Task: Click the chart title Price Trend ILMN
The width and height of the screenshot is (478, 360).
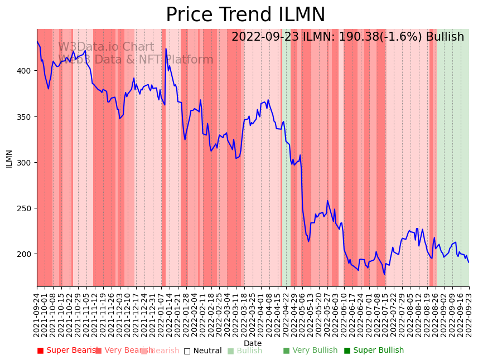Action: click(x=245, y=15)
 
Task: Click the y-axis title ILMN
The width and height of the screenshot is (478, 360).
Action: click(x=9, y=158)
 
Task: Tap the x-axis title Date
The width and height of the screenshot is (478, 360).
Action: click(x=252, y=343)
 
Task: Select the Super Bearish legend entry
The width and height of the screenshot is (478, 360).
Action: click(x=68, y=351)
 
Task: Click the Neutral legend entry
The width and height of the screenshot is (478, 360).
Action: click(x=203, y=351)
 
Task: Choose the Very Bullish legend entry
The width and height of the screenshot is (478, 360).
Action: click(x=310, y=351)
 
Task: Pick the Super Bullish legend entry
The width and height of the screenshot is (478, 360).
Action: click(x=374, y=351)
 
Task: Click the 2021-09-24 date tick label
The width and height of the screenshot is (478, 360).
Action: click(x=37, y=314)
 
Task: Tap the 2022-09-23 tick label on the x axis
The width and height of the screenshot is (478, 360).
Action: click(x=469, y=314)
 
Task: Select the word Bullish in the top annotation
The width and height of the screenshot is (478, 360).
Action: click(x=445, y=37)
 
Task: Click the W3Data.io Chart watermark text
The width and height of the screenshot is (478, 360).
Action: click(x=106, y=47)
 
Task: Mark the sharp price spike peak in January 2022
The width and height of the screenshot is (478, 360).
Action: click(x=166, y=48)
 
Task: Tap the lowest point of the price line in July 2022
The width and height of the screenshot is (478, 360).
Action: click(x=384, y=274)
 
